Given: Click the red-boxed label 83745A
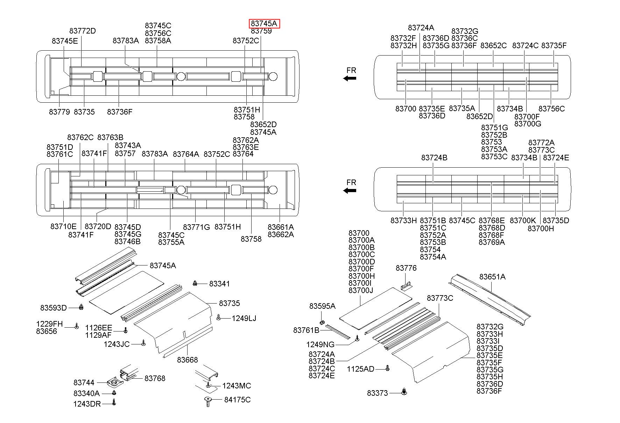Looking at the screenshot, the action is (265, 24).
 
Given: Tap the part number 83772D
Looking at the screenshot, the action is (83, 31).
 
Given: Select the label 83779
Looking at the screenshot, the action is (59, 112).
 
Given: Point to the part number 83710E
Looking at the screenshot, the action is (63, 226).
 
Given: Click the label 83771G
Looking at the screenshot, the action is (196, 227).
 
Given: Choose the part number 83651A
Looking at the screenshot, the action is (492, 277).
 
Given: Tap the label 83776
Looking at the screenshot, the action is (406, 268).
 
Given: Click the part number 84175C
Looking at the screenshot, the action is (237, 400).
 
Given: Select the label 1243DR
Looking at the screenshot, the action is (87, 404).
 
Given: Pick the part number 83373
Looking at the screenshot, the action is (378, 393).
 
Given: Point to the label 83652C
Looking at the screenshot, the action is (493, 46).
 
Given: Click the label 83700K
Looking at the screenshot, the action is (523, 220).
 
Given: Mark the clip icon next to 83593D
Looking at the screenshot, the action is (81, 307).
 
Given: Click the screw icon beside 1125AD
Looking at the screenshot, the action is (387, 368).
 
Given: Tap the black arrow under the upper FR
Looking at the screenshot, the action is (350, 79).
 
